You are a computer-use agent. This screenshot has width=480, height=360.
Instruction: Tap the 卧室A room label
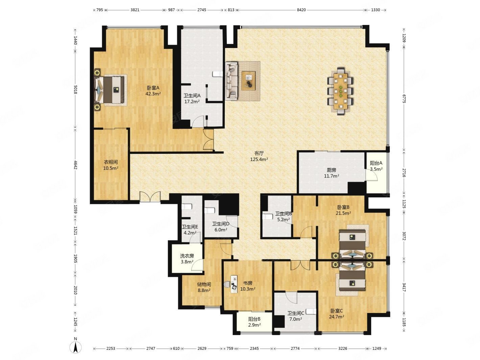[x=153, y=88]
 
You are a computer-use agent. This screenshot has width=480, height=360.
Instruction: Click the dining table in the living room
[x=340, y=91]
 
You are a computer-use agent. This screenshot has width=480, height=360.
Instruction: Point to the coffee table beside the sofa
[x=248, y=81]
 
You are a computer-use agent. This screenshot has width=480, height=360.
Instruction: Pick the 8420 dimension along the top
[x=301, y=10]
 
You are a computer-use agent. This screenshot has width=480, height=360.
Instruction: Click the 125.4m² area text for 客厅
[x=259, y=159]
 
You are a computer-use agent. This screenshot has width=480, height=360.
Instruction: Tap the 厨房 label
[x=331, y=170]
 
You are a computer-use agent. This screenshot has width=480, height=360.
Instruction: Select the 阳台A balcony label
[x=376, y=163]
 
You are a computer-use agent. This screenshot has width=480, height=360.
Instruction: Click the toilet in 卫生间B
[x=268, y=217]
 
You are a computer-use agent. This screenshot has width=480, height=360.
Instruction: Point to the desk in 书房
[x=234, y=284]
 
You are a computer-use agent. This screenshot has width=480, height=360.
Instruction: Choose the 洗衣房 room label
[x=187, y=256]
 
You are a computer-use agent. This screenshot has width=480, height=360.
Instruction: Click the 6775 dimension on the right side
[x=404, y=99]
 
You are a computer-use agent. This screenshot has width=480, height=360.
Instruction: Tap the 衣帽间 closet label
[x=111, y=162]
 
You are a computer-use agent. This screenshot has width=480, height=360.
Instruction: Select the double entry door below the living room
[x=150, y=197]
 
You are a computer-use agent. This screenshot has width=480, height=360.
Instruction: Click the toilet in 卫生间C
[x=311, y=311]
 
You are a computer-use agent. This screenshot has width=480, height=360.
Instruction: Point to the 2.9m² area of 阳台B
[x=254, y=325]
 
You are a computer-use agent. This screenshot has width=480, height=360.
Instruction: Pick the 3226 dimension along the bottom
[x=343, y=349]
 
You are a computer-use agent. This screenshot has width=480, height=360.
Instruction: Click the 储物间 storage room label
[x=204, y=284]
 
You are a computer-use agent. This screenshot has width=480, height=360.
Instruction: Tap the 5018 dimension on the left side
[x=76, y=90]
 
